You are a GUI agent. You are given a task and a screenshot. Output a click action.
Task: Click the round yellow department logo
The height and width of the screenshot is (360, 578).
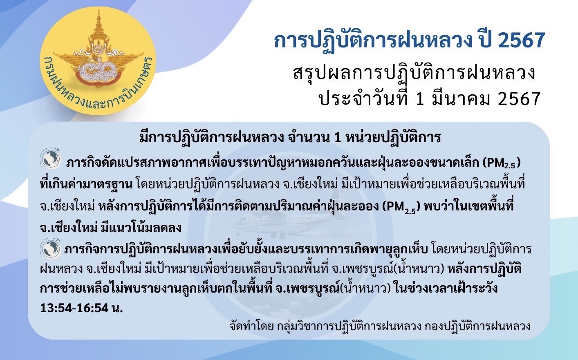tap(98, 61)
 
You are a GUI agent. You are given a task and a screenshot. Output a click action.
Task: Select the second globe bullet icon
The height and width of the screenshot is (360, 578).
tap(51, 248)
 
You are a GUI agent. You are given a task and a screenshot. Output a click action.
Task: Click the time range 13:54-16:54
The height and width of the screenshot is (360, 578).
tap(74, 308)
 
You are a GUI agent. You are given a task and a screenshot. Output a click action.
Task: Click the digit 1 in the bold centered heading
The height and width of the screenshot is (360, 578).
tap(337, 138)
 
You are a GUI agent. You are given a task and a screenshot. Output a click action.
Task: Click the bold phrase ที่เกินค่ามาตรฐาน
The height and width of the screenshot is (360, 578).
tap(86, 184)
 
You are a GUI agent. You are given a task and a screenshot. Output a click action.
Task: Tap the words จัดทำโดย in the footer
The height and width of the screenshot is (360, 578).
tap(251, 326)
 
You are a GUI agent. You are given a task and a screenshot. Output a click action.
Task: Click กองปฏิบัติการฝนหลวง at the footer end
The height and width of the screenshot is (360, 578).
tap(477, 326)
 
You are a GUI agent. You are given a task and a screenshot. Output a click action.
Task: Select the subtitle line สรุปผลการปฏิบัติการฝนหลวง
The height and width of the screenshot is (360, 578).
tap(414, 73)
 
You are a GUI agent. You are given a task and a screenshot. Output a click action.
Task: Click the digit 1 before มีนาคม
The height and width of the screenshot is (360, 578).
tap(420, 99)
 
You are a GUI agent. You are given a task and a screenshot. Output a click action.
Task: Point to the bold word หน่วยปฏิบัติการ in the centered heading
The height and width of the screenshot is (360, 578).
tap(393, 138)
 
